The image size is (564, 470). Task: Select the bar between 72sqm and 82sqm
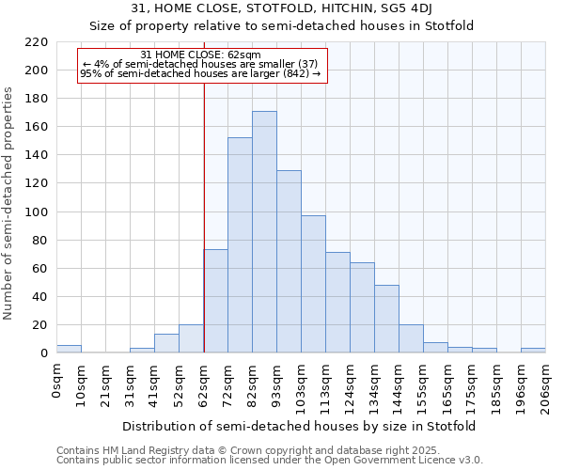(x=240, y=245)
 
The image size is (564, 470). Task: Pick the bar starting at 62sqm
(x=215, y=301)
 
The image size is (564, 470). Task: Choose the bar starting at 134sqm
(x=386, y=319)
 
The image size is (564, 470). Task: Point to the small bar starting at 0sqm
(x=69, y=349)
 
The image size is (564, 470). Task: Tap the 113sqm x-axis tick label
(x=325, y=383)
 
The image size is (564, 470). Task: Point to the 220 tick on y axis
(x=37, y=42)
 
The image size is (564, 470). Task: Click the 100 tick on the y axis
(x=37, y=212)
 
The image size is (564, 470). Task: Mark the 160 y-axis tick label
(x=37, y=127)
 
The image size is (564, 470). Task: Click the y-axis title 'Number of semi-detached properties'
(x=9, y=203)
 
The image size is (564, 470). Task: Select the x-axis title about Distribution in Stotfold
(x=299, y=426)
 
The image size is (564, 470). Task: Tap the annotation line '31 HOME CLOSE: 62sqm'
(x=200, y=55)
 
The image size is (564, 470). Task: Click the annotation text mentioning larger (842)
(x=200, y=73)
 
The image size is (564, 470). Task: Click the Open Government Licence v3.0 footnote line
(x=270, y=461)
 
